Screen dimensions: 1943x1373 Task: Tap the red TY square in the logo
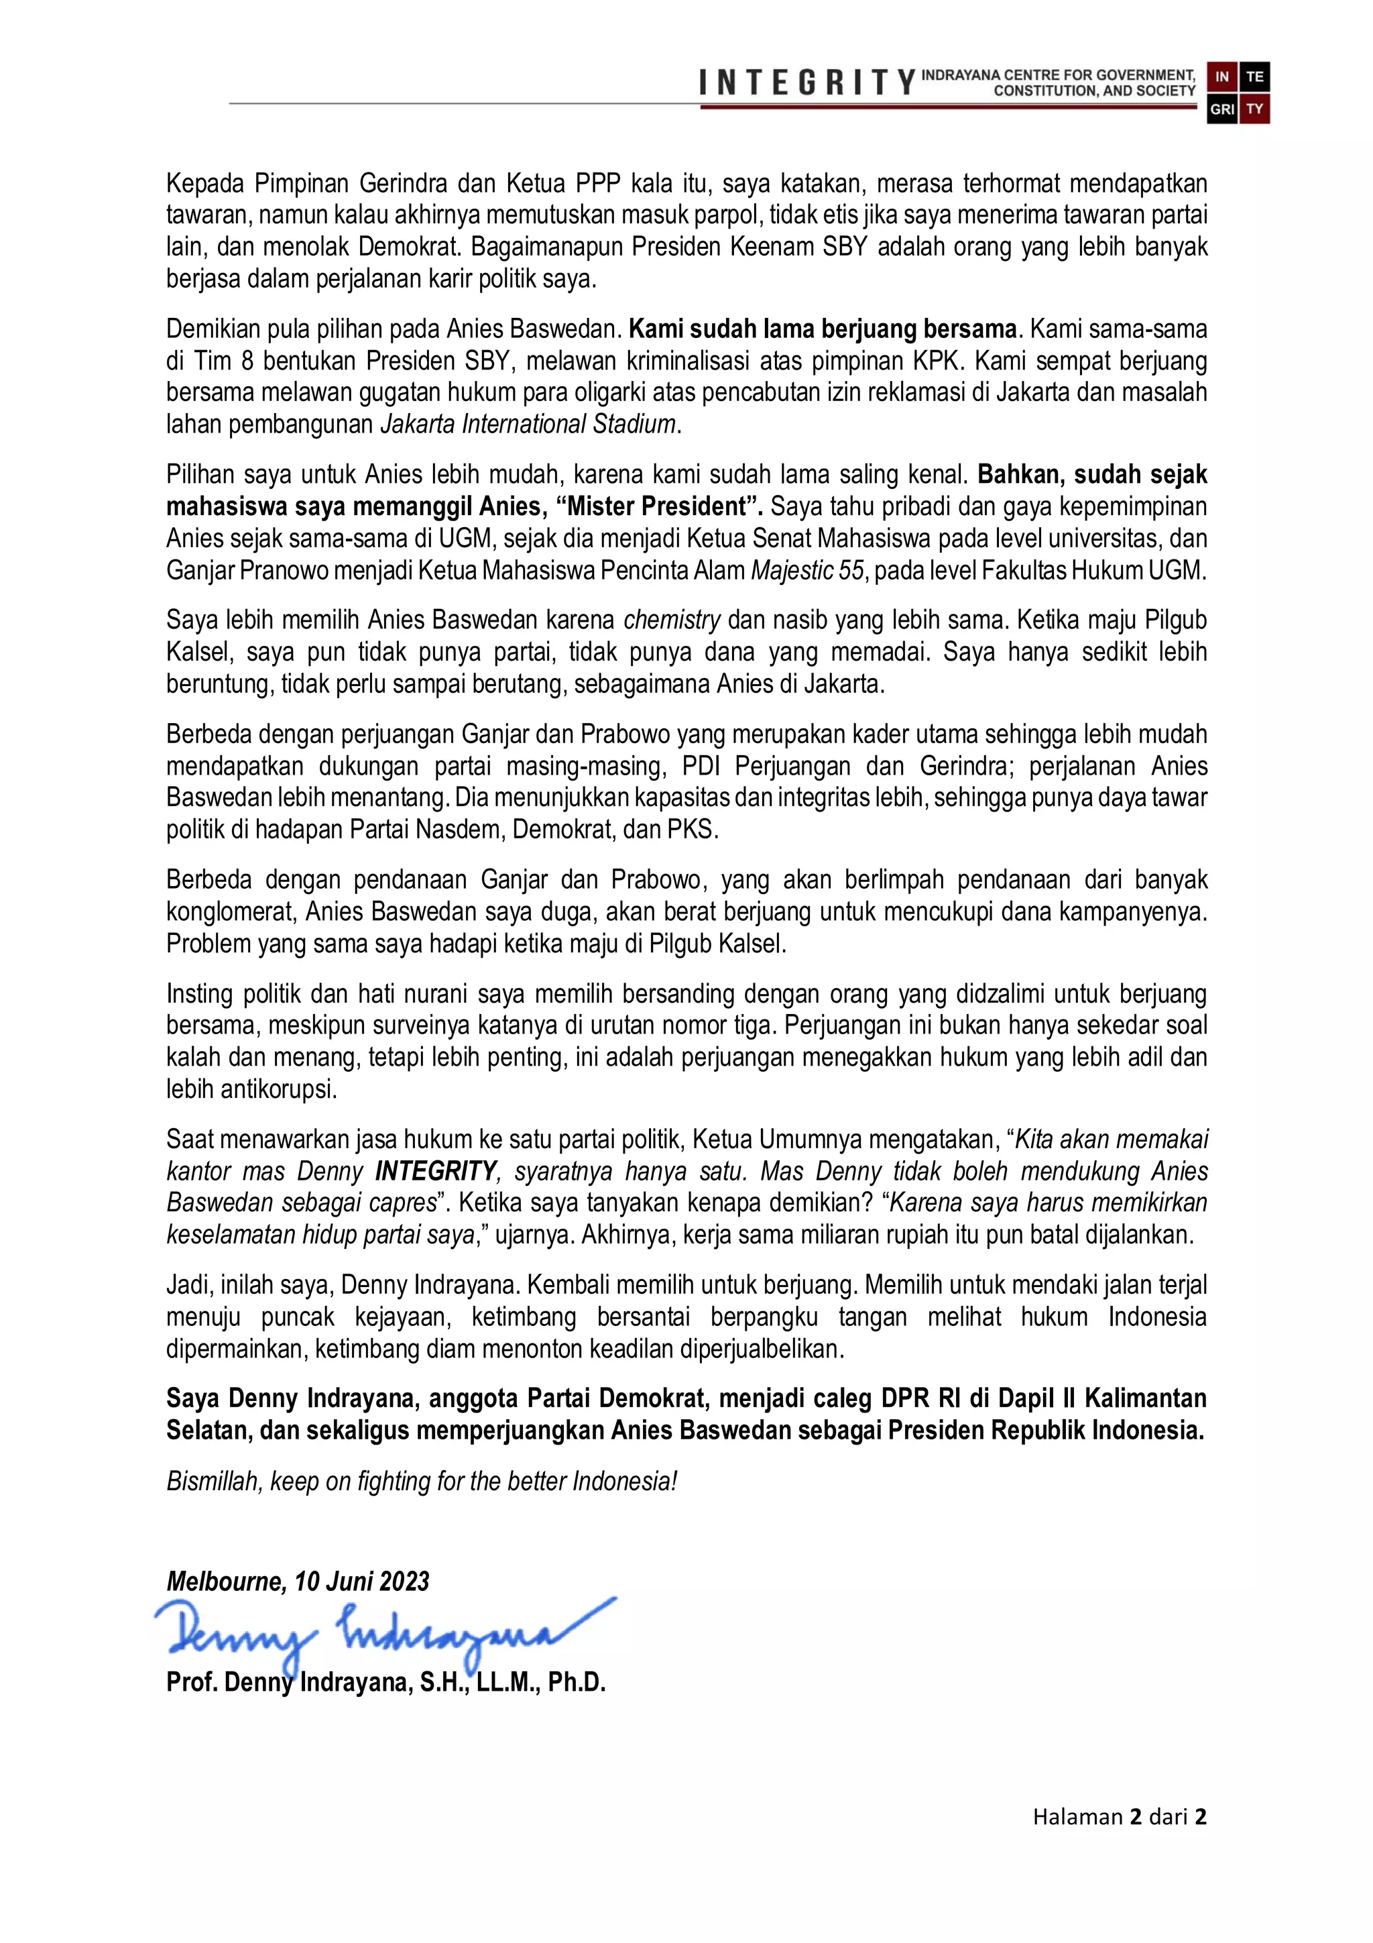pyautogui.click(x=1254, y=109)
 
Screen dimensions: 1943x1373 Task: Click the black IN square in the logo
pyautogui.click(x=1221, y=77)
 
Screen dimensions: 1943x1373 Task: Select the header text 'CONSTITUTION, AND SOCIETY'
pyautogui.click(x=1094, y=91)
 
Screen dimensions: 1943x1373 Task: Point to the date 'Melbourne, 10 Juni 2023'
pyautogui.click(x=298, y=1581)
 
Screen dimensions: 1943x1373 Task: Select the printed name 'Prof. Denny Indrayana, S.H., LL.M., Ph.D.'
pyautogui.click(x=385, y=1681)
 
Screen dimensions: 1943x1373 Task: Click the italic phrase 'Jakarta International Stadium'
pyautogui.click(x=528, y=424)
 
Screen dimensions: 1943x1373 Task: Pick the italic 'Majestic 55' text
pyautogui.click(x=807, y=570)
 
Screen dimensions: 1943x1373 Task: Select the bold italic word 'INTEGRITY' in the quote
pyautogui.click(x=436, y=1171)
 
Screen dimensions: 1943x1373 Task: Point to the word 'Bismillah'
pyautogui.click(x=213, y=1481)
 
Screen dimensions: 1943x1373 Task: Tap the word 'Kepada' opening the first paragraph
pyautogui.click(x=206, y=183)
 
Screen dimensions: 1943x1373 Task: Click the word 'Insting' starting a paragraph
pyautogui.click(x=200, y=993)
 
